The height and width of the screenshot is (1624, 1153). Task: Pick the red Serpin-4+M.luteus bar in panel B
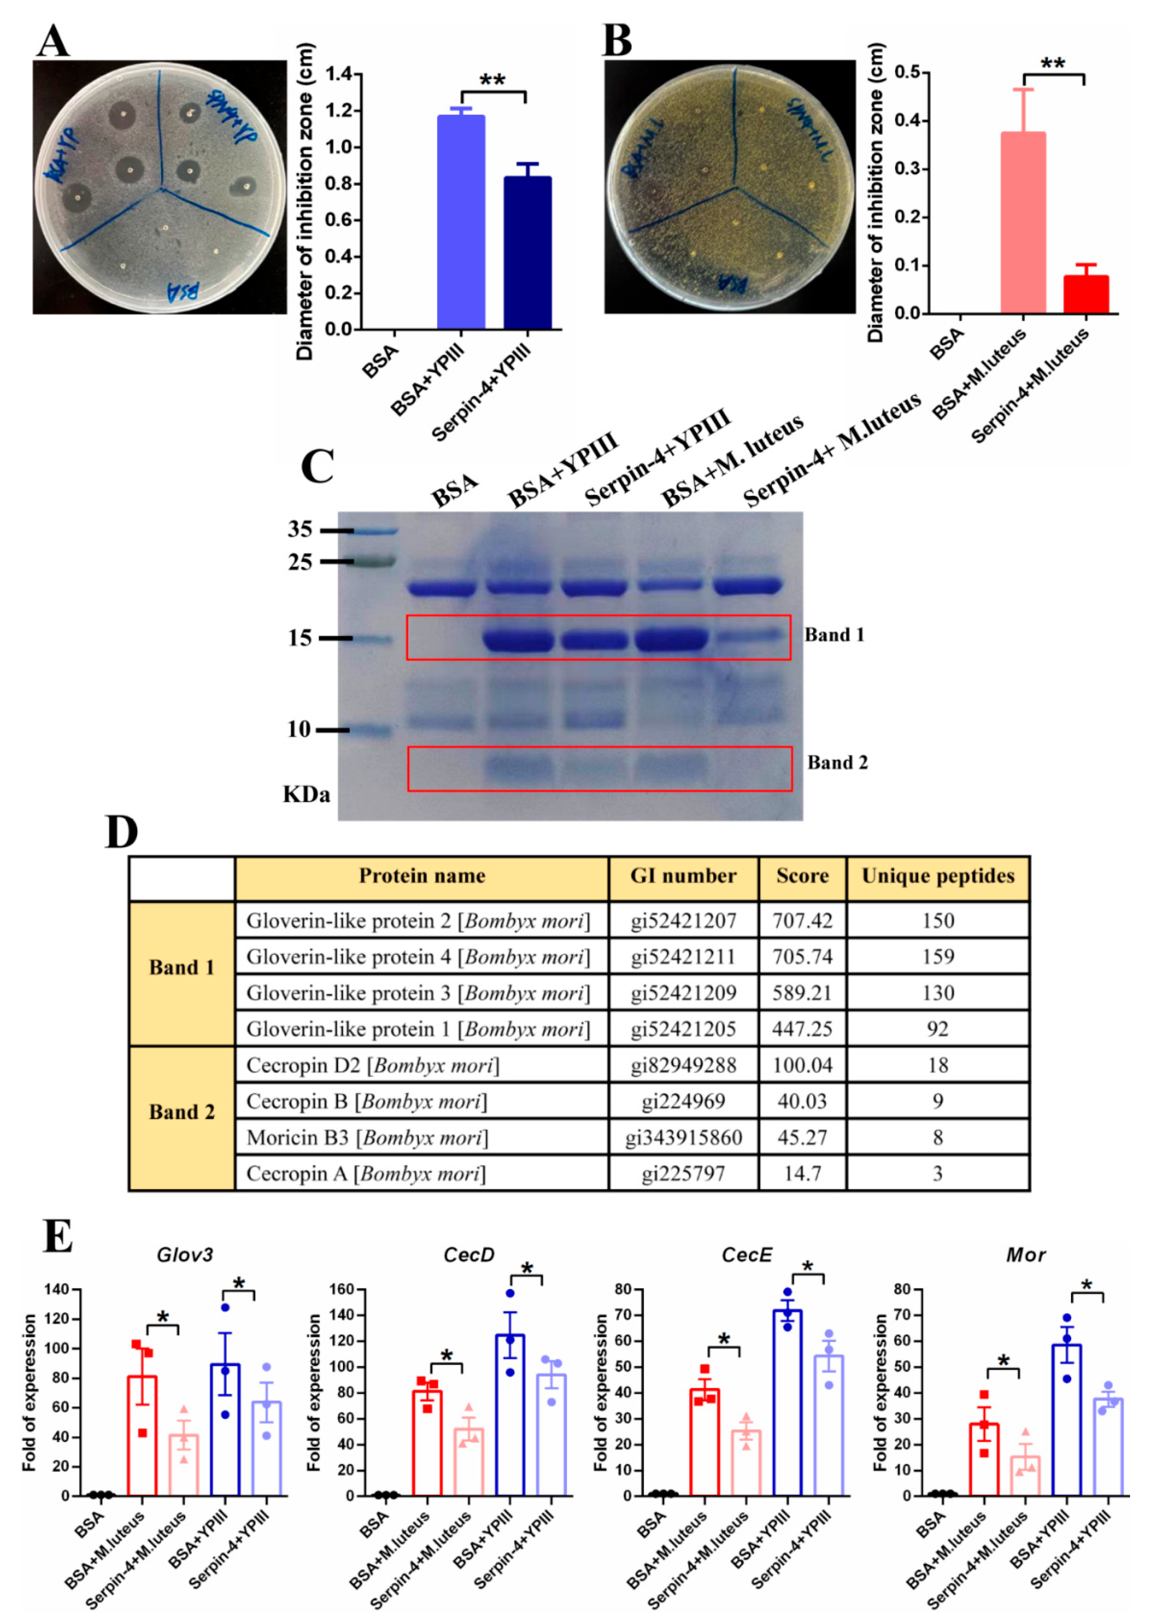1086,294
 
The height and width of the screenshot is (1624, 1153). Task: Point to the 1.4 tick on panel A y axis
339,74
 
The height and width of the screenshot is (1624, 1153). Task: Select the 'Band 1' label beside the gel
834,635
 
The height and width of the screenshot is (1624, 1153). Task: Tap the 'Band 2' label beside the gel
837,763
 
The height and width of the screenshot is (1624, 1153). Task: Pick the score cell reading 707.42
802,920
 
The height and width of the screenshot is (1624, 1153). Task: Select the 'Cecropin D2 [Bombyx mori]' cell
372,1065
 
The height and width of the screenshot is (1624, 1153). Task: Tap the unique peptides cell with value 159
937,956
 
